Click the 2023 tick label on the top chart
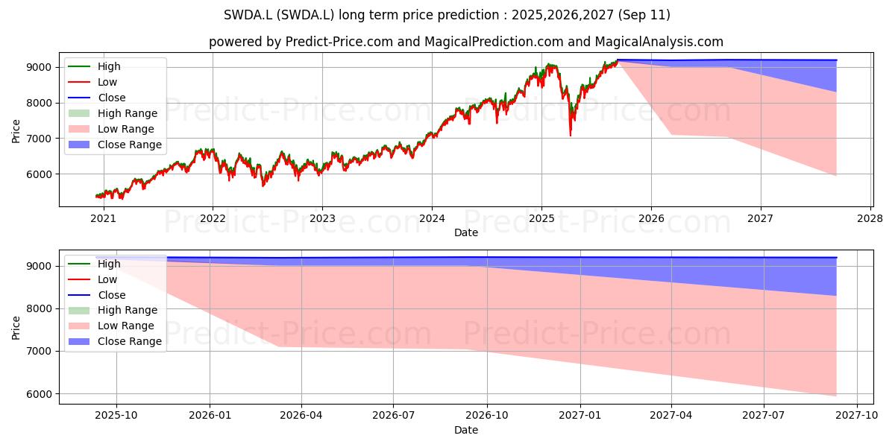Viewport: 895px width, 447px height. [x=322, y=219]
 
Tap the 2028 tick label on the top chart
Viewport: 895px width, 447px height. [x=870, y=219]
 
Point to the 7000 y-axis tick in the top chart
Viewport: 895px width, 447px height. [x=39, y=139]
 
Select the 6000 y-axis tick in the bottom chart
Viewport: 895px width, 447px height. [x=39, y=394]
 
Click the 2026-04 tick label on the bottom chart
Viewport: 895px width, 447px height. [x=301, y=416]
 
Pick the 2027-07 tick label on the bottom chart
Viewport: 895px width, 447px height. [x=764, y=416]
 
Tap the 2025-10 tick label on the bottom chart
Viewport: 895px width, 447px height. [x=116, y=416]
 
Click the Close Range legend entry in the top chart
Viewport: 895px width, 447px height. [x=115, y=145]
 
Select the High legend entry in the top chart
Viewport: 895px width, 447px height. [x=94, y=66]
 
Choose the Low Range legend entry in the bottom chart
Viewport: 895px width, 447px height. [x=111, y=326]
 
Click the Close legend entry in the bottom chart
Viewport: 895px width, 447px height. [x=97, y=295]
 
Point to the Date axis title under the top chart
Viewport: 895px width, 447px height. [x=466, y=232]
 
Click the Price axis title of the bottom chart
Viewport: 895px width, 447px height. [x=16, y=328]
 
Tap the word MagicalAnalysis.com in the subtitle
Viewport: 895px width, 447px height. [x=659, y=42]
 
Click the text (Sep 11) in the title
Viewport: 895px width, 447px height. [x=644, y=15]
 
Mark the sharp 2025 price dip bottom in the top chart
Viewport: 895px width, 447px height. [x=570, y=136]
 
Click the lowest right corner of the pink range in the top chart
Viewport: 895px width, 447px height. [x=836, y=176]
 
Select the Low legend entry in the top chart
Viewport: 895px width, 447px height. [x=92, y=82]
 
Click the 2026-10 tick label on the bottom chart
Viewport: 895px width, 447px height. [x=487, y=416]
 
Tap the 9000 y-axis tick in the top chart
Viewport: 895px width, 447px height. [x=39, y=68]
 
